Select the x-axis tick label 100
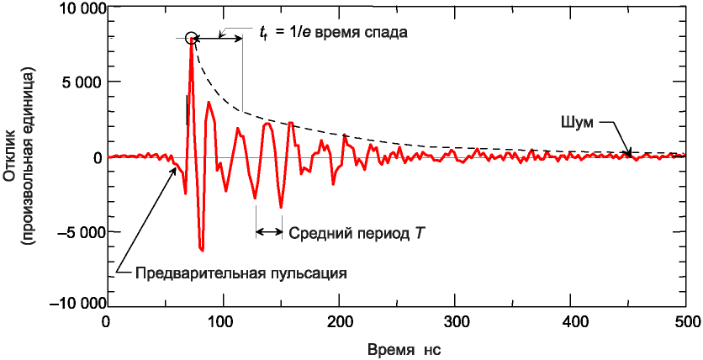[x=222, y=321]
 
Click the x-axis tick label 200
[x=338, y=321]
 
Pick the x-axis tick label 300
[x=454, y=321]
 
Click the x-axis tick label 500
[x=686, y=321]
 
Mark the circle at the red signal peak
[x=191, y=38]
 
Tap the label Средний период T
[x=357, y=232]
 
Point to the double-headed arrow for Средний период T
[x=269, y=231]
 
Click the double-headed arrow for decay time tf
[x=219, y=39]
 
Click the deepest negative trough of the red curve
[x=202, y=250]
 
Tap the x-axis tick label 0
[x=105, y=321]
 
